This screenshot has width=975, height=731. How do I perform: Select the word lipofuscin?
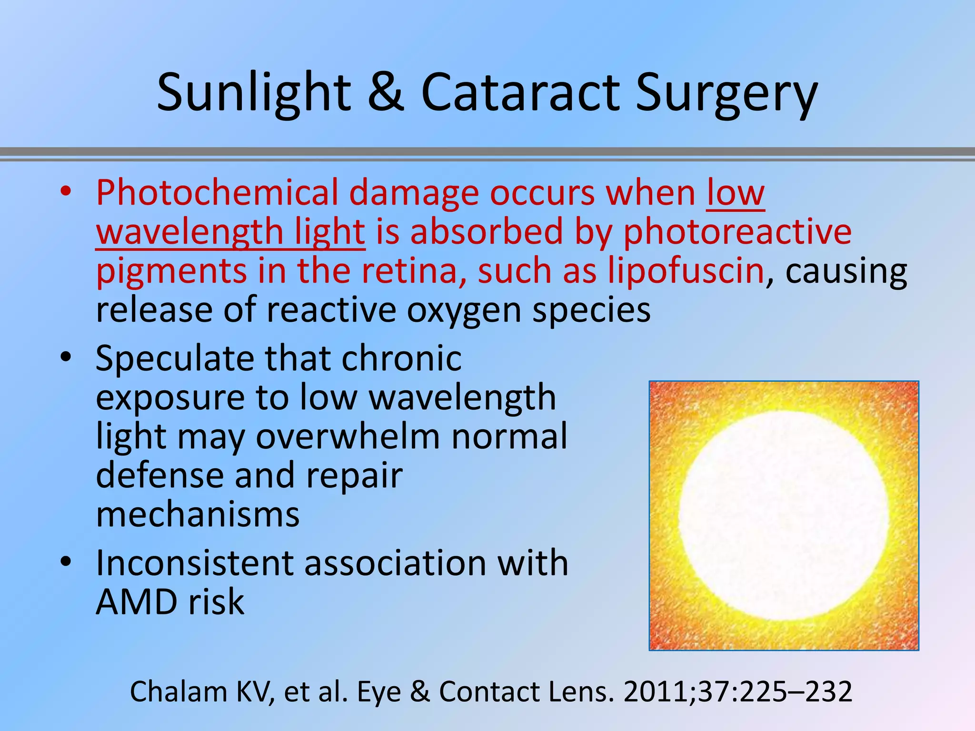pos(686,270)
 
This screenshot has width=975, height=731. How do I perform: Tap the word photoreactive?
pos(737,232)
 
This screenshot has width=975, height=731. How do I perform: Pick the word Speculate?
pos(175,358)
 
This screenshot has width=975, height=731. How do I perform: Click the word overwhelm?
pos(348,436)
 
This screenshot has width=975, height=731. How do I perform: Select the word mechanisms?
pos(198,514)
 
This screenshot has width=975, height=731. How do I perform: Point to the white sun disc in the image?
pos(784,515)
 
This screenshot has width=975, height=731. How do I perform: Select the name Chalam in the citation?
pos(178,691)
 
